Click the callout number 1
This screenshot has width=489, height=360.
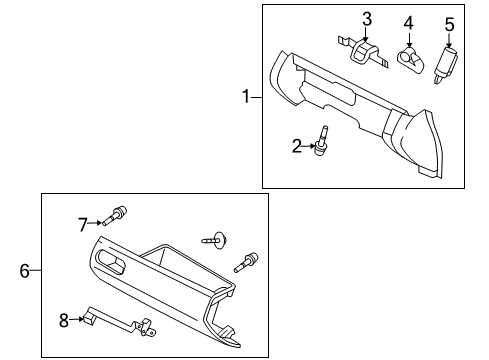246,97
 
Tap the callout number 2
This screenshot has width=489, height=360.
297,146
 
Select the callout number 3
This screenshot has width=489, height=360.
367,19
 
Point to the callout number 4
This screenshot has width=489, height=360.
409,23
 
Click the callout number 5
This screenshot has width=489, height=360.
450,24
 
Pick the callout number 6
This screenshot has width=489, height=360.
25,270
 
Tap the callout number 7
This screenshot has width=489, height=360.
83,225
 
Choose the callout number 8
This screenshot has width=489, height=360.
64,320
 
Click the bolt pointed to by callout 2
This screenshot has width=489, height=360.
321,141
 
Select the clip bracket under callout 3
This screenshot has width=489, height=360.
362,53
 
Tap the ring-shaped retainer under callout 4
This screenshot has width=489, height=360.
411,60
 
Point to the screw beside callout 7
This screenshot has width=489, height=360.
115,216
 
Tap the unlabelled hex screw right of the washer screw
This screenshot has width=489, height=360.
246,263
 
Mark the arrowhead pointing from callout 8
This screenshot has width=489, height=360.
81,319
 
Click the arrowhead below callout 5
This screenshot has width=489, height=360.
449,44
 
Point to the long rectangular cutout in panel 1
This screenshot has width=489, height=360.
327,94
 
